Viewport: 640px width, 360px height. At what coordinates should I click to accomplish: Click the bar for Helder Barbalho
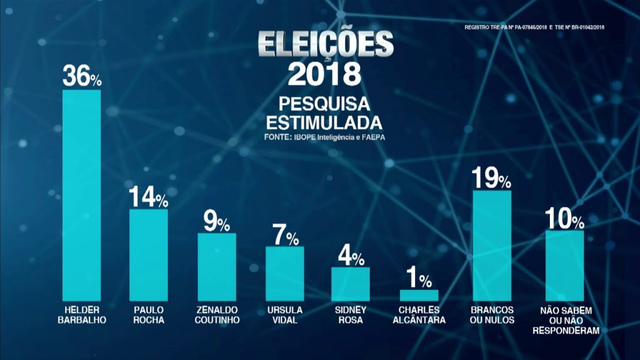82,195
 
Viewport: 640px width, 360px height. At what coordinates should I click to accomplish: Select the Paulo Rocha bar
149,255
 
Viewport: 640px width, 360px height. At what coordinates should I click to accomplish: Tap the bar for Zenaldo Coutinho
216,267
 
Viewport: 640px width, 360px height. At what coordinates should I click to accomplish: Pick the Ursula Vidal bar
284,274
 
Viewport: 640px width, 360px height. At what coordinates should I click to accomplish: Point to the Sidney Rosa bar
351,284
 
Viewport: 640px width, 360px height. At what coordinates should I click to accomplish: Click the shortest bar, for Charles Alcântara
419,295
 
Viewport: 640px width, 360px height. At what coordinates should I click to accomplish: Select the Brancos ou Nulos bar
492,246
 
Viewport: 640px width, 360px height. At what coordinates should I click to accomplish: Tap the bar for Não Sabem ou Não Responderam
565,266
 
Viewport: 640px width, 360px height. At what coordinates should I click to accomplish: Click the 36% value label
82,77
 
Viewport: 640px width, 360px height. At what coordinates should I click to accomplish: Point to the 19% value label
492,179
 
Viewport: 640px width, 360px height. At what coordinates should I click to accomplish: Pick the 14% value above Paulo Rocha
148,197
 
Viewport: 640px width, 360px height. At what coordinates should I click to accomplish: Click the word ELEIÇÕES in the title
326,45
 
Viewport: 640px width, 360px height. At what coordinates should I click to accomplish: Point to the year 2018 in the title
324,74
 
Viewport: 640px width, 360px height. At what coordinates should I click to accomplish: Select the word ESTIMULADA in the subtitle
322,119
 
